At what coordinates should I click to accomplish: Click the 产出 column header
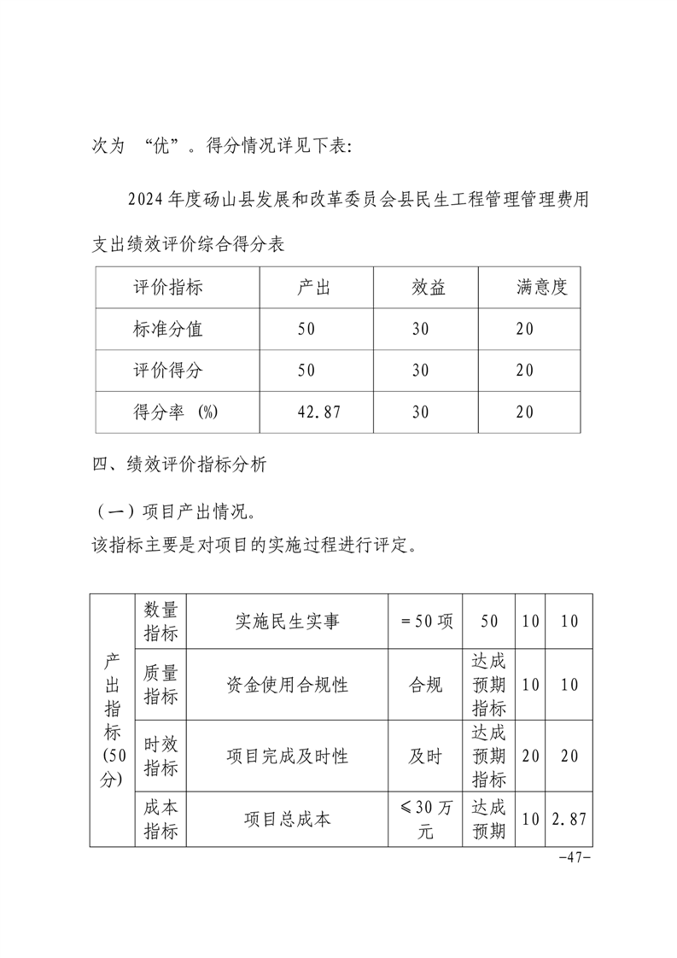click(313, 288)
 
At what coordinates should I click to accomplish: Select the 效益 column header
click(429, 288)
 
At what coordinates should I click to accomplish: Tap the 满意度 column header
click(541, 288)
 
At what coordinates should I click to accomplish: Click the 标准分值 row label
click(168, 329)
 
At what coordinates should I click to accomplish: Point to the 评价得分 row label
click(168, 370)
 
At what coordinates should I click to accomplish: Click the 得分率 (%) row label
click(176, 412)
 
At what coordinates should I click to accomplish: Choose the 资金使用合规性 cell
click(287, 685)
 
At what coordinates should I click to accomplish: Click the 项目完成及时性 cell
click(287, 756)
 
